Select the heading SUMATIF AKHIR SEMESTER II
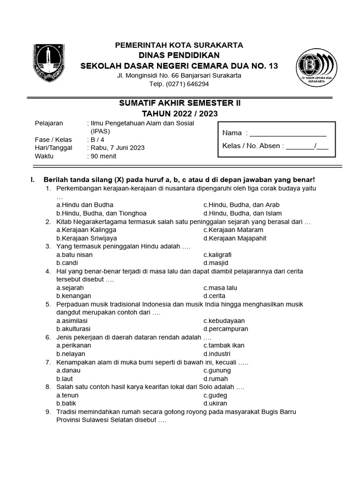pos(180,103)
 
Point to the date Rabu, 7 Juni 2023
pos(117,148)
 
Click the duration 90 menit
pos(103,156)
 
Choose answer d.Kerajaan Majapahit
pos(234,238)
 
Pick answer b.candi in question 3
pos(67,263)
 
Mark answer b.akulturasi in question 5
pos(73,329)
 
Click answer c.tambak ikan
pos(224,345)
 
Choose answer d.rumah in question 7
pos(216,379)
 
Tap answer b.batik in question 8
pos(66,403)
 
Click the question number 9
pos(48,412)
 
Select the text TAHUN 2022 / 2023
pos(180,113)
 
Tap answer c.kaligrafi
pos(217,255)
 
